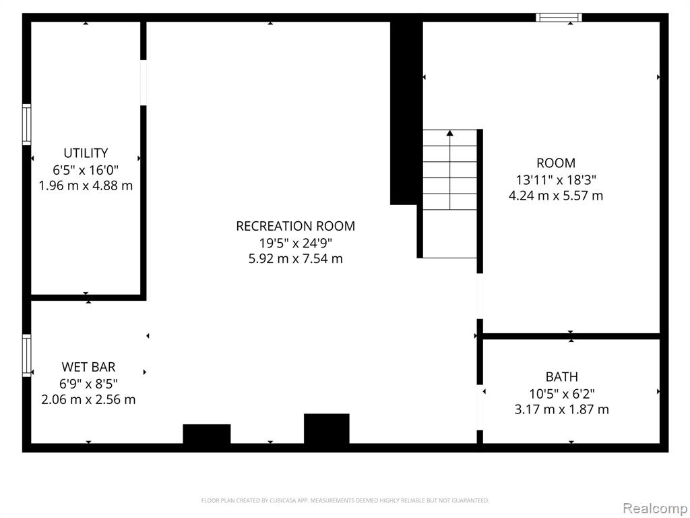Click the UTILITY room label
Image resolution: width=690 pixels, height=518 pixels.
[86, 153]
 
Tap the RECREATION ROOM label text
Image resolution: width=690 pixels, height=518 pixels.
[295, 226]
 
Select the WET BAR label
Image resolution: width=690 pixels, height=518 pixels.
[88, 366]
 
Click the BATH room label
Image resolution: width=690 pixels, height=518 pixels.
[561, 376]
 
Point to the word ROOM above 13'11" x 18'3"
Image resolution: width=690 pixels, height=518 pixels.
[556, 163]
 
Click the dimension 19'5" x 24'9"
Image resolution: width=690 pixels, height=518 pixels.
[295, 242]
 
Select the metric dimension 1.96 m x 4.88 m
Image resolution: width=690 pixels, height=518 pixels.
[86, 185]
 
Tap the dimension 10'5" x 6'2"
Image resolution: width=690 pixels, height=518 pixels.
[561, 393]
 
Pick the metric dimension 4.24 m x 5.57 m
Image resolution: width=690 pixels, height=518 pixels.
[556, 196]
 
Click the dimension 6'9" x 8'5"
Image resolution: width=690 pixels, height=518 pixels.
[88, 383]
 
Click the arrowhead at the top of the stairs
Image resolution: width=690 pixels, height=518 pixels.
[449, 133]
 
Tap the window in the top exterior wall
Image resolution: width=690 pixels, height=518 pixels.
[559, 18]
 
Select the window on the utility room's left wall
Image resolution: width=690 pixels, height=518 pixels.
[27, 124]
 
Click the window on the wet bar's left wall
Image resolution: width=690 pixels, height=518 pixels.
[27, 355]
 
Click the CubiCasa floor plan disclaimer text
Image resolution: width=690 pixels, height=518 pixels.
[345, 500]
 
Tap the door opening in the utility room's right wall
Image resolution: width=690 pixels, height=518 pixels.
[143, 83]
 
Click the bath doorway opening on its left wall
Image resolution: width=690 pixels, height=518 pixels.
[480, 407]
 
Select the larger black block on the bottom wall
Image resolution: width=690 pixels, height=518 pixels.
[327, 428]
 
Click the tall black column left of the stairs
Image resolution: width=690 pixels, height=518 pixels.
[406, 113]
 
